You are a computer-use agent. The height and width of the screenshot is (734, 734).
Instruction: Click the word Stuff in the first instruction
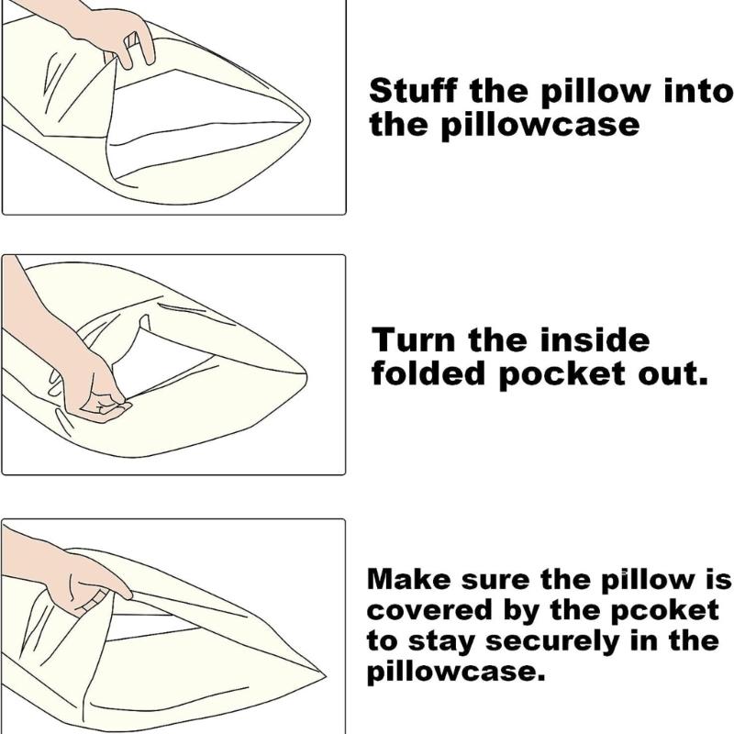[x=409, y=92]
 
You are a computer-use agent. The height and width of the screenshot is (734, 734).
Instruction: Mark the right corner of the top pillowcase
[x=307, y=125]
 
